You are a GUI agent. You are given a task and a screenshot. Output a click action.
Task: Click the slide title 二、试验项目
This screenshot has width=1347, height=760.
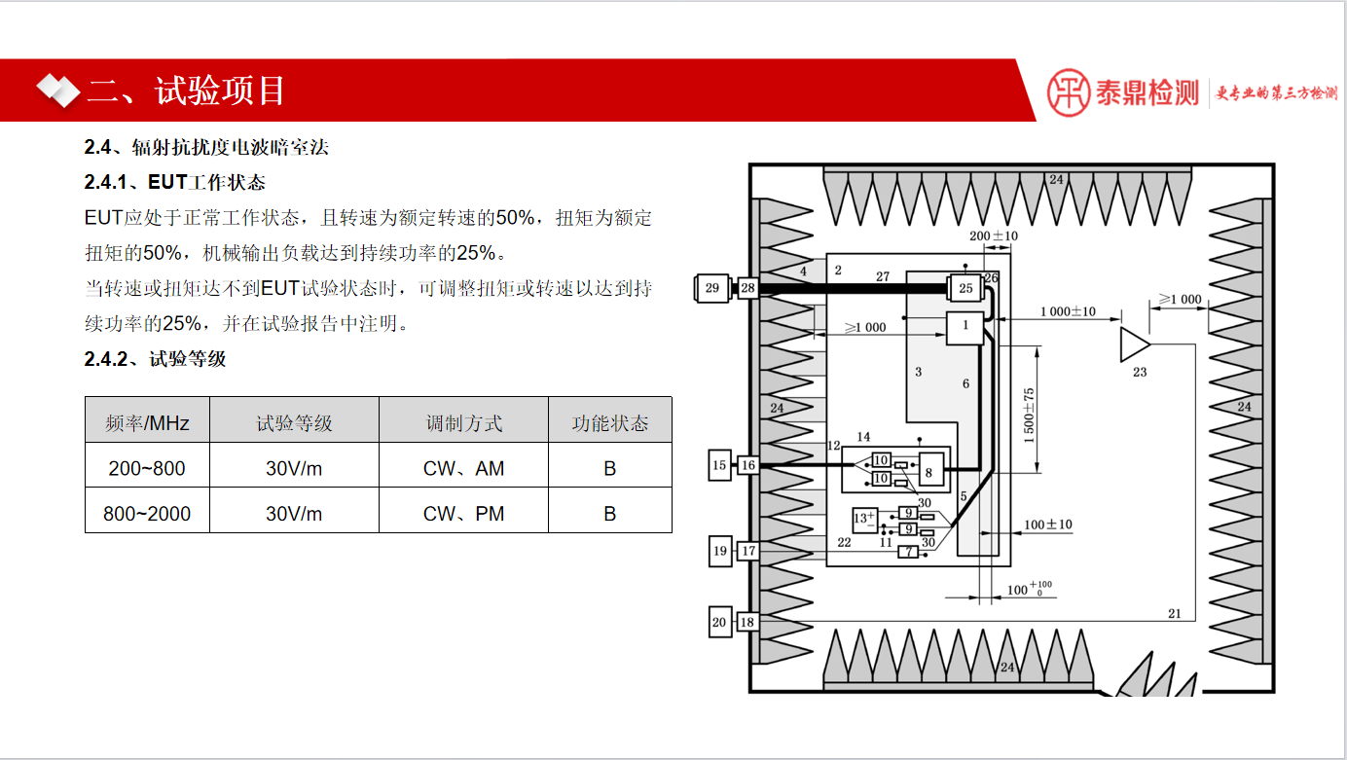(x=186, y=90)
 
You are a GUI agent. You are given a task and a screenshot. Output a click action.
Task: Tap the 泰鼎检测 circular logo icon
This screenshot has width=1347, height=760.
(x=1069, y=92)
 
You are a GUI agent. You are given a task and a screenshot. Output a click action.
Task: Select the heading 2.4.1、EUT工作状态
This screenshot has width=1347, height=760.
(x=174, y=182)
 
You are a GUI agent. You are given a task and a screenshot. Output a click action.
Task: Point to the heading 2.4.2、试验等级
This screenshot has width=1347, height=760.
(x=155, y=358)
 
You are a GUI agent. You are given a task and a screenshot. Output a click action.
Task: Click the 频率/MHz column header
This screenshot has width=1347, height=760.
(x=147, y=423)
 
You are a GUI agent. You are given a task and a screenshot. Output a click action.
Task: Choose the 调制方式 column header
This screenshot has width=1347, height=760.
(x=463, y=423)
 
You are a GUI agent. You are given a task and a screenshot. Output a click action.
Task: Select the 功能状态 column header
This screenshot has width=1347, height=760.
(x=609, y=423)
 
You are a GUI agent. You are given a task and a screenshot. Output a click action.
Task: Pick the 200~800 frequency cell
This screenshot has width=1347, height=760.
(x=147, y=468)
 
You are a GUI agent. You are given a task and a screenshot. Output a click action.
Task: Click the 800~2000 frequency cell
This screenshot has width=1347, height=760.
(x=147, y=513)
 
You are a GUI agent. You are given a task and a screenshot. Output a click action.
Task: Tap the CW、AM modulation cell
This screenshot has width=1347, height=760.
(x=463, y=468)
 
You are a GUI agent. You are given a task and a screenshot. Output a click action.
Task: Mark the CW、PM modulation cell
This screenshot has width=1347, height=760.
(x=463, y=513)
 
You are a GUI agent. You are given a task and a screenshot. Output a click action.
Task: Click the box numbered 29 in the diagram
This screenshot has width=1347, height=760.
(x=711, y=287)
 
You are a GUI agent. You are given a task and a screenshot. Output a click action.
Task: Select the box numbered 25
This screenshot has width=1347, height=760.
(x=965, y=288)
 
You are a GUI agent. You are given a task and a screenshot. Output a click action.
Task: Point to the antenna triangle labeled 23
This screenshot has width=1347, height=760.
(x=1134, y=344)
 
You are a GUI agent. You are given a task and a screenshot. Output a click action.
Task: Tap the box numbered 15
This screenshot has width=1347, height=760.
(x=719, y=465)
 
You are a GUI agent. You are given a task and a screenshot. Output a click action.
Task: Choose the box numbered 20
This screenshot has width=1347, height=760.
(x=719, y=622)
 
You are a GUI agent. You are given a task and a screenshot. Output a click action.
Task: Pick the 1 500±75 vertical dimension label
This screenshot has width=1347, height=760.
(x=1029, y=416)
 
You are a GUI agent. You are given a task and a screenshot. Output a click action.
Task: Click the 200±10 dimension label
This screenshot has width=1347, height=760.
(x=993, y=235)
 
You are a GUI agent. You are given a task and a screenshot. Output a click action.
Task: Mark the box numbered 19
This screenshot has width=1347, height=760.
(x=719, y=551)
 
